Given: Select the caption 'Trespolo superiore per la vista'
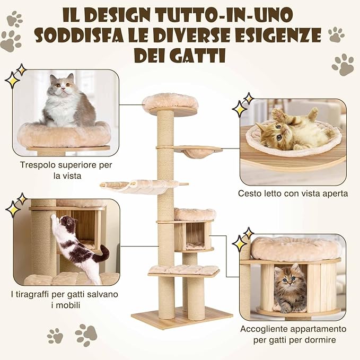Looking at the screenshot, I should click(66, 170).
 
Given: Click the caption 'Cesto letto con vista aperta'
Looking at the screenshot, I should click(293, 194).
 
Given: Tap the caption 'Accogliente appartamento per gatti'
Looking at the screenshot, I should click(293, 334).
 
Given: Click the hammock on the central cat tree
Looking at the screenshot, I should click(141, 186).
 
